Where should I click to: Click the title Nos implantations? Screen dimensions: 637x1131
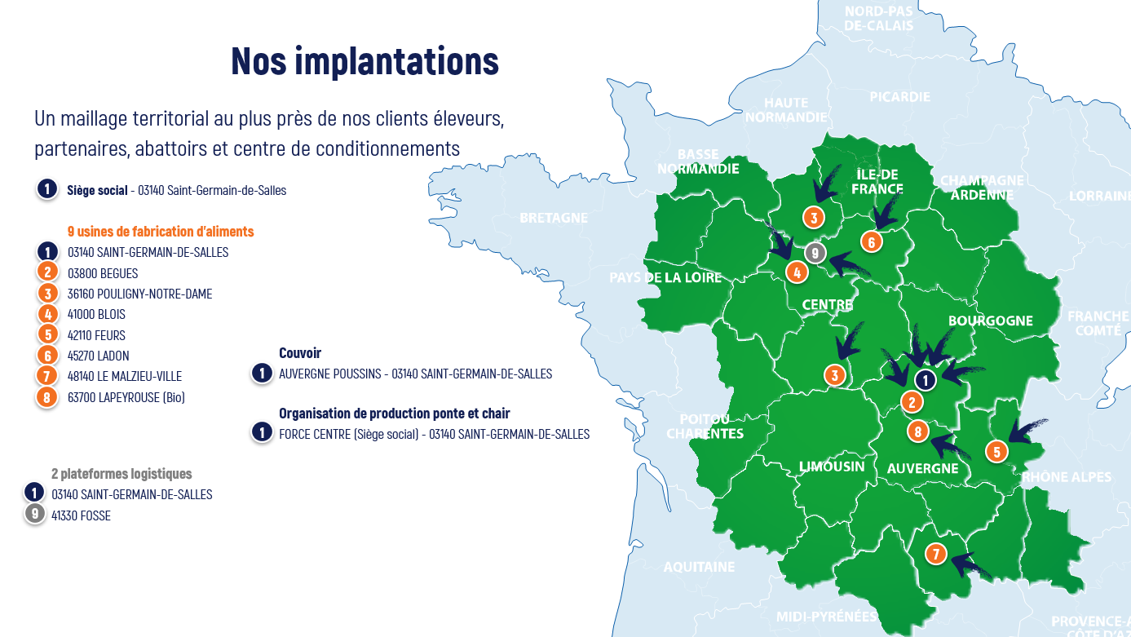click(x=364, y=61)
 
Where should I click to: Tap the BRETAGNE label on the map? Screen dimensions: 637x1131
click(x=554, y=218)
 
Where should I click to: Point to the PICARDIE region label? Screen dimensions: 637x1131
click(x=899, y=97)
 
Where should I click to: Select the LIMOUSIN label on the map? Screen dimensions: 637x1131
click(x=832, y=467)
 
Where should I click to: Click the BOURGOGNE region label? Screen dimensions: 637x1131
click(x=990, y=321)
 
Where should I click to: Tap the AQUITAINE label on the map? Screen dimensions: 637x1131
click(x=699, y=567)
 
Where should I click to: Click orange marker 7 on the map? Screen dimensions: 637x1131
click(x=936, y=555)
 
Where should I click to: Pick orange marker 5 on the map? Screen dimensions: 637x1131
click(x=996, y=452)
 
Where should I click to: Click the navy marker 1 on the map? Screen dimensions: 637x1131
click(x=926, y=379)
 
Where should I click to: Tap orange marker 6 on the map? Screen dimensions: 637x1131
click(x=872, y=241)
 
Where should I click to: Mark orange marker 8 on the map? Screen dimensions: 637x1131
click(x=918, y=431)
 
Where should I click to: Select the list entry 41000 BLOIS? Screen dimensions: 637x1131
click(x=96, y=314)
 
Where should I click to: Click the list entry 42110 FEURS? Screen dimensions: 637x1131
click(x=96, y=335)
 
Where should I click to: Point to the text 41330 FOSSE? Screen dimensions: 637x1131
click(x=81, y=515)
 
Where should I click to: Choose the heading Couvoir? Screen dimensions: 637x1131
click(x=300, y=353)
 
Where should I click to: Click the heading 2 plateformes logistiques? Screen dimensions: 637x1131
click(x=121, y=473)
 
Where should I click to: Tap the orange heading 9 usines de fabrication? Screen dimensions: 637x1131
click(x=161, y=232)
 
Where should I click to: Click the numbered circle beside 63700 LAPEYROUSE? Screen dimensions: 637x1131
click(x=47, y=397)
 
